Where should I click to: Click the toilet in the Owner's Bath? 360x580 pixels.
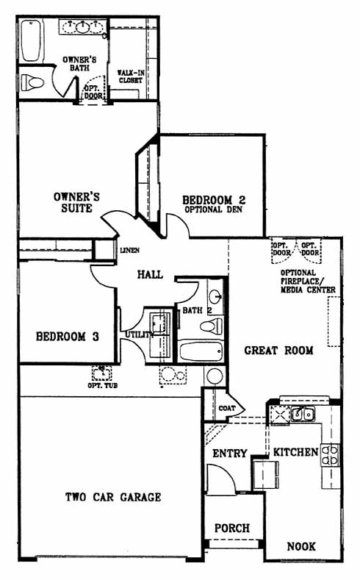32,82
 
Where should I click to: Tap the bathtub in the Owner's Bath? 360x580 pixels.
31,40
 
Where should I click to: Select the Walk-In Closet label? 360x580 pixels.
131,76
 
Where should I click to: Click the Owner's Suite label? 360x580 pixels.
76,202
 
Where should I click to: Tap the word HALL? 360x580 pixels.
150,274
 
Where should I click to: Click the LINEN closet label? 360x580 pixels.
130,251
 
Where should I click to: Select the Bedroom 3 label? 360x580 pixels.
68,337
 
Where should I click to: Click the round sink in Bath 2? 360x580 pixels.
215,296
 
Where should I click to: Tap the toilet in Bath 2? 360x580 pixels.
212,326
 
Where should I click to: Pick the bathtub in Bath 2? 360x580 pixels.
201,351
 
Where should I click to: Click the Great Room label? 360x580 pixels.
278,351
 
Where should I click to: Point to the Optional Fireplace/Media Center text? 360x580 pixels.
308,282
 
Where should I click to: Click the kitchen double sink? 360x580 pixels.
303,415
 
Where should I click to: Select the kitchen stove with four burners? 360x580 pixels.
330,454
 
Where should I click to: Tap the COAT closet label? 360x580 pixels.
226,409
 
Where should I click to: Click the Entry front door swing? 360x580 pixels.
221,479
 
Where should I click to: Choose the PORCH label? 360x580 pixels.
232,528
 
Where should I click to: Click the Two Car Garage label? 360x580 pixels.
113,497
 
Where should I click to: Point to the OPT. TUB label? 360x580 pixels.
102,385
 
